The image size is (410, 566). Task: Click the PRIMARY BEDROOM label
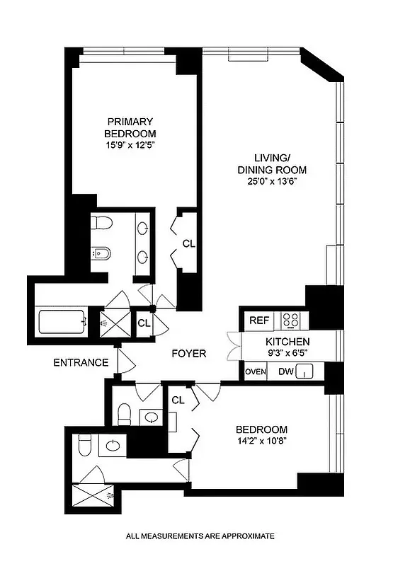[130, 127]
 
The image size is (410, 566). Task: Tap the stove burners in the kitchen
[290, 320]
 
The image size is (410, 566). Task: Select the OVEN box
[255, 371]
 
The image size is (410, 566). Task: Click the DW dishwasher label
[285, 371]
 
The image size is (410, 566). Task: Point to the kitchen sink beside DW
[306, 371]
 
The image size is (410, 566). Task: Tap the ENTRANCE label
[81, 363]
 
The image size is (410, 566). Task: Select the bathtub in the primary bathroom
[62, 322]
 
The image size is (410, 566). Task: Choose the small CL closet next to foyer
[144, 323]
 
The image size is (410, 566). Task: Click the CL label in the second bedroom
[178, 400]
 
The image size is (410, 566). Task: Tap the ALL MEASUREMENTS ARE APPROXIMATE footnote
[200, 536]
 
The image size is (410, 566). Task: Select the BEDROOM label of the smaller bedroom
[261, 430]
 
